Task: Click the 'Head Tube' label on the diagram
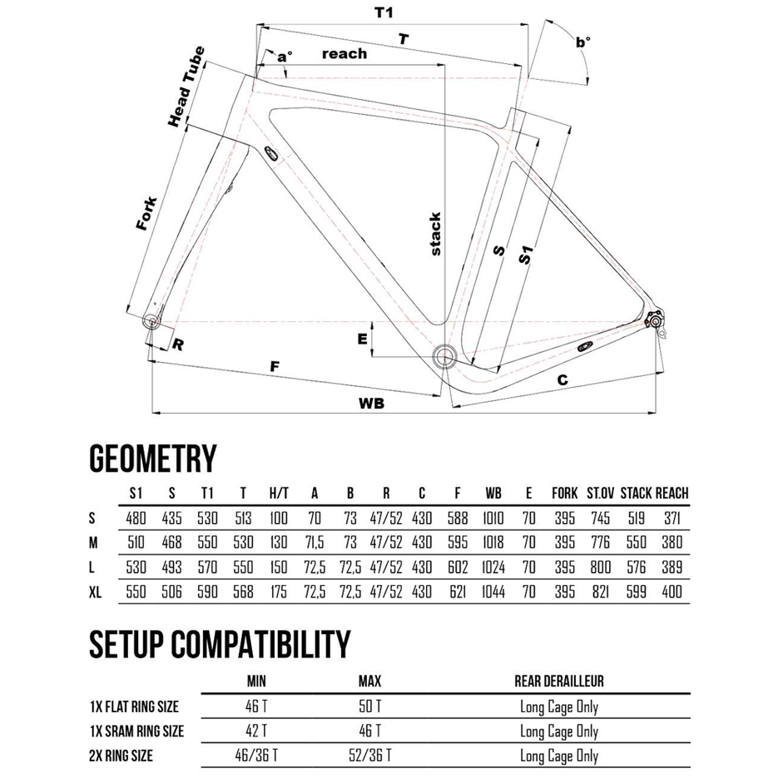(186, 87)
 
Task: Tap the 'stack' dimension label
(434, 234)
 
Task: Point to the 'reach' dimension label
(344, 54)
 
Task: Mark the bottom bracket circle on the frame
(444, 358)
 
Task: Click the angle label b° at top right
(582, 40)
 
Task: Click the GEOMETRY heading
(152, 458)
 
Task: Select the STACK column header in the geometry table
(636, 493)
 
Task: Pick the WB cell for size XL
(493, 593)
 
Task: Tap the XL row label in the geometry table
(97, 593)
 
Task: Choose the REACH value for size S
(671, 518)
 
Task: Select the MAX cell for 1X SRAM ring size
(369, 731)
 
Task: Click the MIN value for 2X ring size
(257, 756)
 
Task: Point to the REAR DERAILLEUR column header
(559, 681)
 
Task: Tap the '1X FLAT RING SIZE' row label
(135, 707)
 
